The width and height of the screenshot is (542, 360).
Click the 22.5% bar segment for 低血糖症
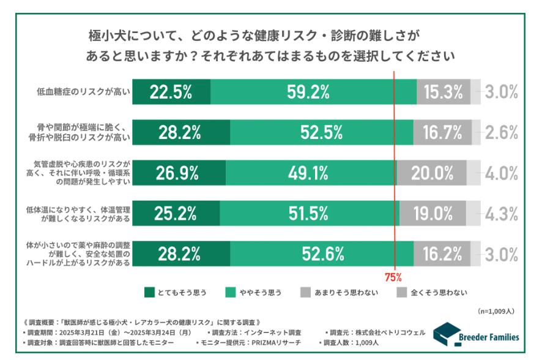click(x=171, y=92)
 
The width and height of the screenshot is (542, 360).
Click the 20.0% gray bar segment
click(x=431, y=173)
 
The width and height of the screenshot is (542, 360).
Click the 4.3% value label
click(x=502, y=213)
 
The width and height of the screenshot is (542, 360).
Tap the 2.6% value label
click(x=502, y=132)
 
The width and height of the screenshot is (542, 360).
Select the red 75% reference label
click(x=393, y=277)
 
